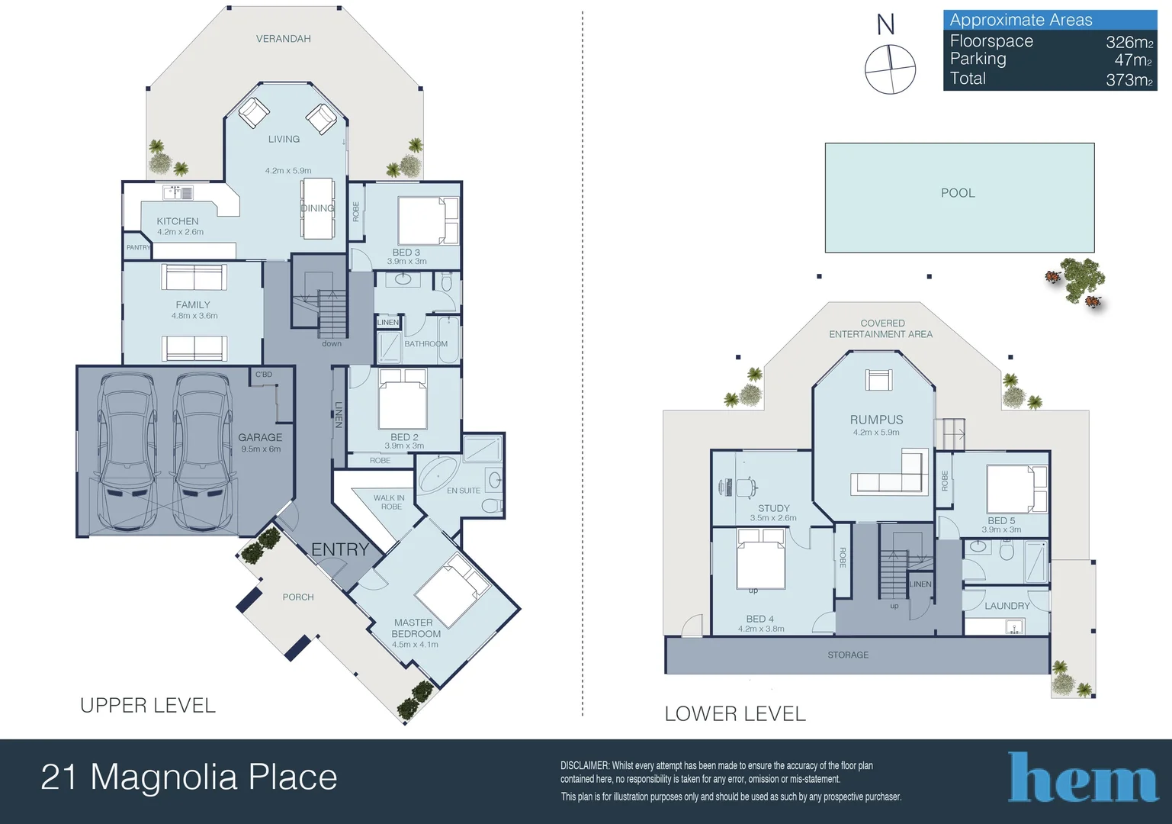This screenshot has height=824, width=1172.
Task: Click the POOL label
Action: [958, 193]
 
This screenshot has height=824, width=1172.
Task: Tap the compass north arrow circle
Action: [890, 69]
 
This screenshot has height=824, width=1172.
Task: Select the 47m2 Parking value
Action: [1132, 60]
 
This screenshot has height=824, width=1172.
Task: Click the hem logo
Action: [1083, 778]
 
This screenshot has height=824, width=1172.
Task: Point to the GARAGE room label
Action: [260, 438]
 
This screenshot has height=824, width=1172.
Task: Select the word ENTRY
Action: [340, 549]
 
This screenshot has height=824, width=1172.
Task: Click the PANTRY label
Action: [138, 247]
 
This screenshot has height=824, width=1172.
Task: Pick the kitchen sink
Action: [180, 192]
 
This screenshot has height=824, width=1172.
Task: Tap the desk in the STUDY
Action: [737, 486]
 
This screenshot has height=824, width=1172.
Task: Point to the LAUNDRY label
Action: [1007, 606]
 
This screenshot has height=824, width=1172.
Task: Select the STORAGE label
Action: [848, 655]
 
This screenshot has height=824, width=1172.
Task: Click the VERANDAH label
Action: [283, 39]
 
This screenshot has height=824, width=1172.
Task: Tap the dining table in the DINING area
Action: [317, 208]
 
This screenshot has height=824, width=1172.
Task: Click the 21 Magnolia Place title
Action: [189, 777]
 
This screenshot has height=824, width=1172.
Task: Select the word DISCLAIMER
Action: [585, 765]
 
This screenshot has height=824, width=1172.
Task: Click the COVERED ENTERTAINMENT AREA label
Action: [881, 329]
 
